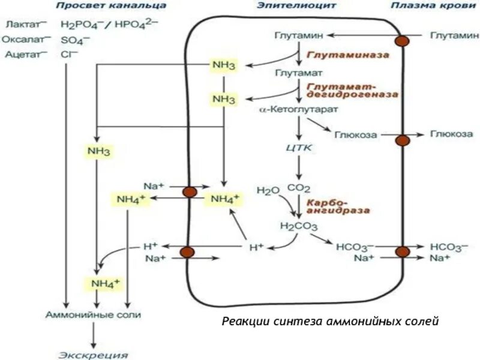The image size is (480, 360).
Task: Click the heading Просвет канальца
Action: point(112,5)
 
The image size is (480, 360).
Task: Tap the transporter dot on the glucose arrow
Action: point(401,140)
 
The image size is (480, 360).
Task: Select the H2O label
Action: point(268,191)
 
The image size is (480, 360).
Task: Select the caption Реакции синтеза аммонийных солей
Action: point(331,322)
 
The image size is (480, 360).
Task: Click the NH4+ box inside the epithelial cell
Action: point(223,198)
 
